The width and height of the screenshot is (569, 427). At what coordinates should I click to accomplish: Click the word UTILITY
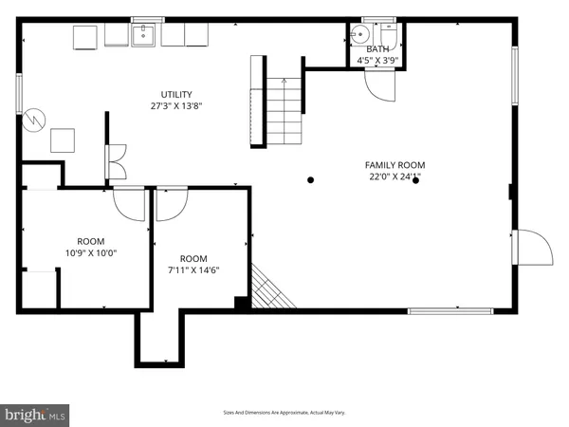point(176,94)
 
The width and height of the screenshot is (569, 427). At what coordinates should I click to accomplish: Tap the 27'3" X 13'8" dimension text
point(176,107)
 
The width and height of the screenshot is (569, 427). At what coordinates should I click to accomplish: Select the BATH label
point(376,48)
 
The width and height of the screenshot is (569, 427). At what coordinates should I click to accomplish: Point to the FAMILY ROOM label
point(393,164)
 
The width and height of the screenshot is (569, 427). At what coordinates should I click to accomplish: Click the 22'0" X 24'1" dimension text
point(393,176)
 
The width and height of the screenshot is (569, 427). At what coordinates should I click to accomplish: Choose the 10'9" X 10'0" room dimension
point(91,253)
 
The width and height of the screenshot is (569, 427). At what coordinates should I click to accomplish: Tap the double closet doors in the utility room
point(116,161)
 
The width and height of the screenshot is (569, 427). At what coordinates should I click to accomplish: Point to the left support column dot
point(309,179)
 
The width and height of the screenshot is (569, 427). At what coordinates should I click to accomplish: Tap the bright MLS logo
point(36,415)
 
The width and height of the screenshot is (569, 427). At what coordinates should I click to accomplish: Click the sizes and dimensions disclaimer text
point(284,413)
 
